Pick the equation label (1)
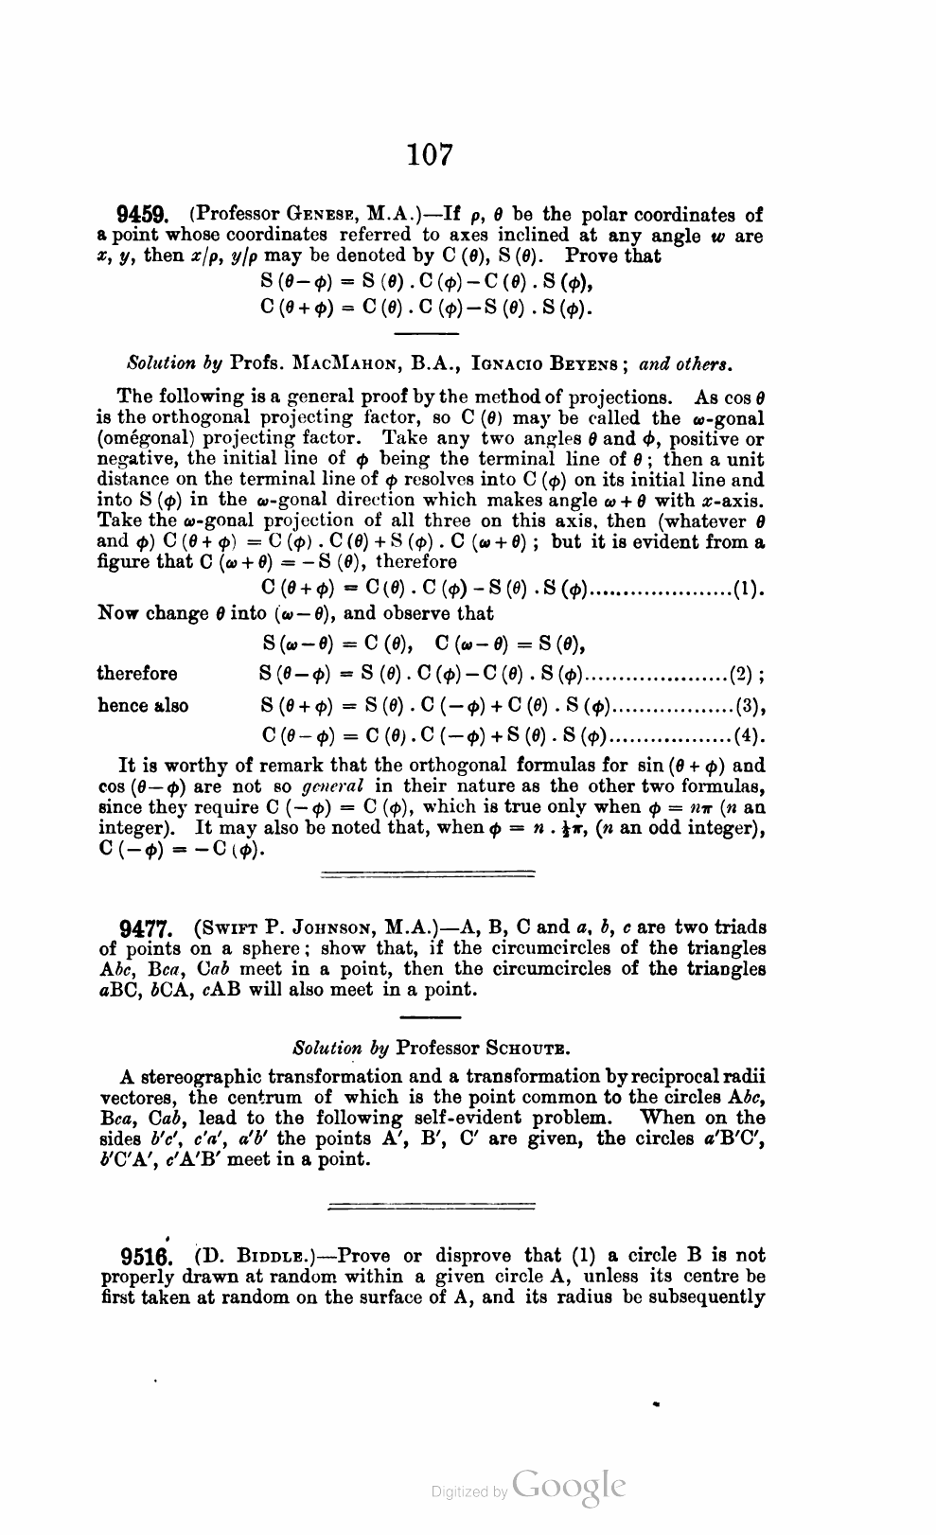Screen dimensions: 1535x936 [x=749, y=592]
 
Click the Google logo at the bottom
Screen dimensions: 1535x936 [x=568, y=1489]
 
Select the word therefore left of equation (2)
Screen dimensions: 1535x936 [x=137, y=674]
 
